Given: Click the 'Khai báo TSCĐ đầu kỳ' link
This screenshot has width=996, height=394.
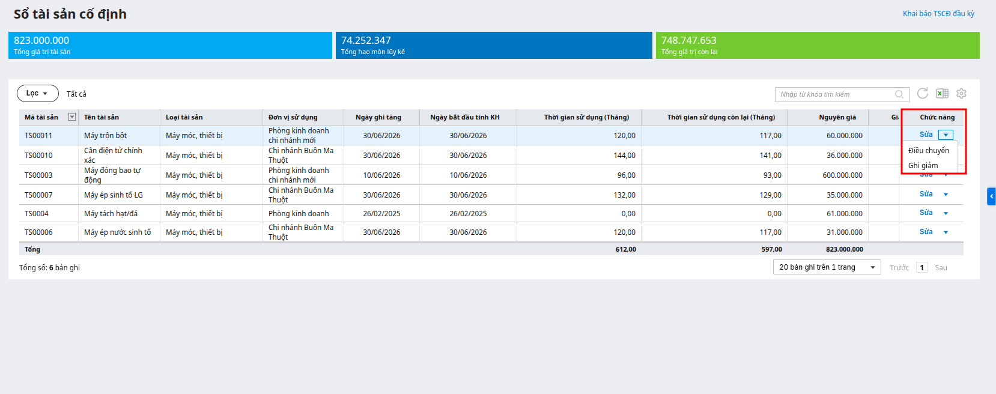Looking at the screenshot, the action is tap(938, 14).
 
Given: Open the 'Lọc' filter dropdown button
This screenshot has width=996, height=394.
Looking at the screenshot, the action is tap(38, 93).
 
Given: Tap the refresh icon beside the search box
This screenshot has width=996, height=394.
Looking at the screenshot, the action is tap(923, 93).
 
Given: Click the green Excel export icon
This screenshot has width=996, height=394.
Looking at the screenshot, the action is tap(942, 93).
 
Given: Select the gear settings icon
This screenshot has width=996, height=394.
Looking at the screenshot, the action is tap(961, 93).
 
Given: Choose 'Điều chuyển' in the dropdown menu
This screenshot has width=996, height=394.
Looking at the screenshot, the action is tap(928, 151).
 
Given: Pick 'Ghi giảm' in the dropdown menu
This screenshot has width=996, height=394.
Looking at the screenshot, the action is tap(923, 165).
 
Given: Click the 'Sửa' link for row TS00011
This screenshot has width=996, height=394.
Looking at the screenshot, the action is tap(926, 135).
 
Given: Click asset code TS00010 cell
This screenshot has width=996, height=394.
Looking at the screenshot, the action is tap(38, 155).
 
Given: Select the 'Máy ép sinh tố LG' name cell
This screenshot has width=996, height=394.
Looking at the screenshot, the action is tap(114, 195).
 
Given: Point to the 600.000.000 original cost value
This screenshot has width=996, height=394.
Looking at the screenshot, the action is tap(843, 175).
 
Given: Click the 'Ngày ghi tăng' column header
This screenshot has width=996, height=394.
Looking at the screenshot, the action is tap(378, 117).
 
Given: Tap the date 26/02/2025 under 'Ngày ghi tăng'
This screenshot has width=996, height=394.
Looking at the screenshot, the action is tap(381, 214).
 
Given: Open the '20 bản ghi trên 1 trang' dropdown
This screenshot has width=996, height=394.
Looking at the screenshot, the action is tap(827, 267).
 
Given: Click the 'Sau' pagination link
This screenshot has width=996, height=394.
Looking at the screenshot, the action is tap(941, 268).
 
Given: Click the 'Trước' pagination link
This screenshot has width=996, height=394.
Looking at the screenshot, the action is tap(899, 268).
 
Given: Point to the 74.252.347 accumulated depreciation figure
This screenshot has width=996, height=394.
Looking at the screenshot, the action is tap(366, 40).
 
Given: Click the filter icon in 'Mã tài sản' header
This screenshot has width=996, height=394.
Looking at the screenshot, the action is tap(71, 117).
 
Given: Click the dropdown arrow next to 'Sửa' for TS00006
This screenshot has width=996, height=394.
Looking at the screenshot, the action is tap(946, 232).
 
